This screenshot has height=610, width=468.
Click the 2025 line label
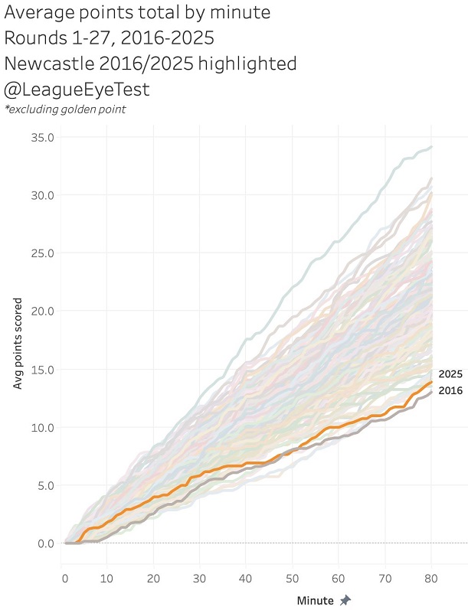click(x=449, y=374)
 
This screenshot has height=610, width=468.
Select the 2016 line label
click(x=449, y=390)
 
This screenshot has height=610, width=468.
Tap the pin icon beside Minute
click(x=345, y=600)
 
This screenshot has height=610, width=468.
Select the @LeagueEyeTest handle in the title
click(x=77, y=90)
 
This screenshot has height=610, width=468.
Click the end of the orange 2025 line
click(x=432, y=381)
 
